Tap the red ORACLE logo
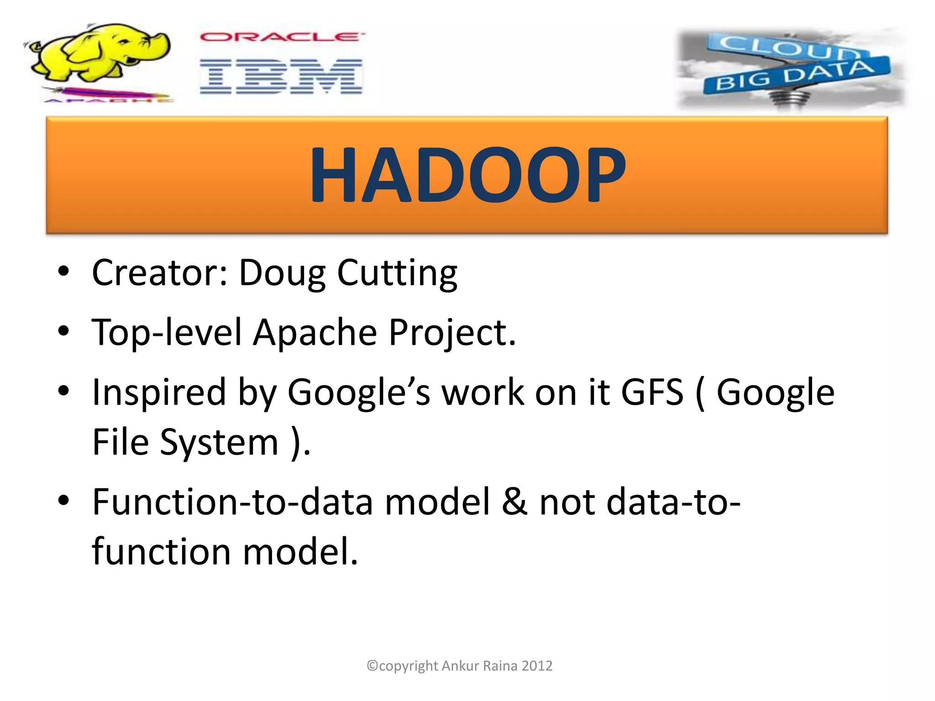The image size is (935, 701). pyautogui.click(x=282, y=37)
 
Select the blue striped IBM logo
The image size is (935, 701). pyautogui.click(x=281, y=76)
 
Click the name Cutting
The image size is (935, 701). pyautogui.click(x=397, y=274)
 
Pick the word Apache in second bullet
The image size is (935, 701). pyautogui.click(x=315, y=332)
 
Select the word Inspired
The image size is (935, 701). pyautogui.click(x=159, y=392)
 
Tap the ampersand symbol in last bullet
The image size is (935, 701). pyautogui.click(x=514, y=502)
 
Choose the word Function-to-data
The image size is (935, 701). pyautogui.click(x=232, y=502)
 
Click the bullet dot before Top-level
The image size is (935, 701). pyautogui.click(x=63, y=330)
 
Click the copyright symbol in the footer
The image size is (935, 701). pyautogui.click(x=373, y=666)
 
